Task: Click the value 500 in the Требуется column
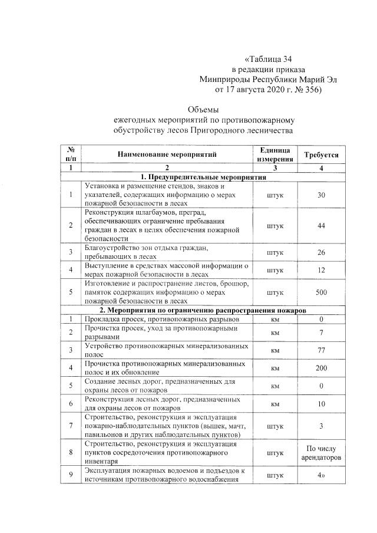coord(321,291)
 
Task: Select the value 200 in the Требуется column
coord(321,368)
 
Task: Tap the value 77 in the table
coord(321,350)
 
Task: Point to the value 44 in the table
coord(321,226)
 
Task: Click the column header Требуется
coord(321,155)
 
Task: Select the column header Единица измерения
coord(275,155)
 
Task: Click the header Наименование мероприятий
coord(167,155)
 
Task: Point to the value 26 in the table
coord(321,253)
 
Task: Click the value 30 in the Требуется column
coord(321,195)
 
